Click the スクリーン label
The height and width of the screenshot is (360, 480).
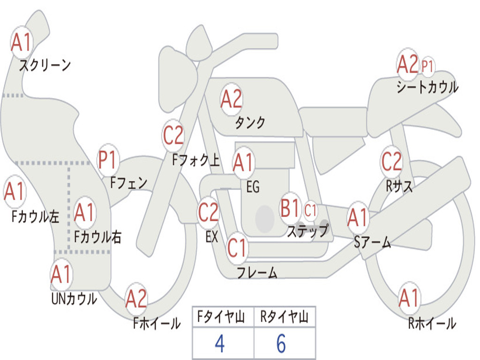coord(45,65)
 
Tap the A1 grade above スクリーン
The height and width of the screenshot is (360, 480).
coord(22,42)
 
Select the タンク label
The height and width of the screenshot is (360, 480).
coord(250,122)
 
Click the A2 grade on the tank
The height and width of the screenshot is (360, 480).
coord(231,99)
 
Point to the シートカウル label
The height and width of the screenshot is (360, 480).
coord(427,87)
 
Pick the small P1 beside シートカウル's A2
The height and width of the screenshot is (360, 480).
coord(427,66)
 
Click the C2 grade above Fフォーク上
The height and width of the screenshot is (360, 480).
coord(173,135)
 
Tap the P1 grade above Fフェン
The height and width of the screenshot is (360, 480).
coord(108,159)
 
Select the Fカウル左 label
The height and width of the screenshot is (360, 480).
coord(35,216)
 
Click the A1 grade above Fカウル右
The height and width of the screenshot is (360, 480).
coord(84,212)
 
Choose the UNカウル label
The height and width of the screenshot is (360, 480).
coord(75,299)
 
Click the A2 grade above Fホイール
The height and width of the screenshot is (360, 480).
coord(136,299)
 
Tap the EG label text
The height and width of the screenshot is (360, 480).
coord(253,187)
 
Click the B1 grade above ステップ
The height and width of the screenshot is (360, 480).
coord(290,208)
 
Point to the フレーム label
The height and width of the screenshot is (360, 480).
coord(257,272)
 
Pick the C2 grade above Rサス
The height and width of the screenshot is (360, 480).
coord(391,161)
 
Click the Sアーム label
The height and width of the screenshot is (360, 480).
coord(372,242)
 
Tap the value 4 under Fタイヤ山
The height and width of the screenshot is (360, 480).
coord(220,343)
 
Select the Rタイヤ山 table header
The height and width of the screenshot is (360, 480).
coord(285,316)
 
